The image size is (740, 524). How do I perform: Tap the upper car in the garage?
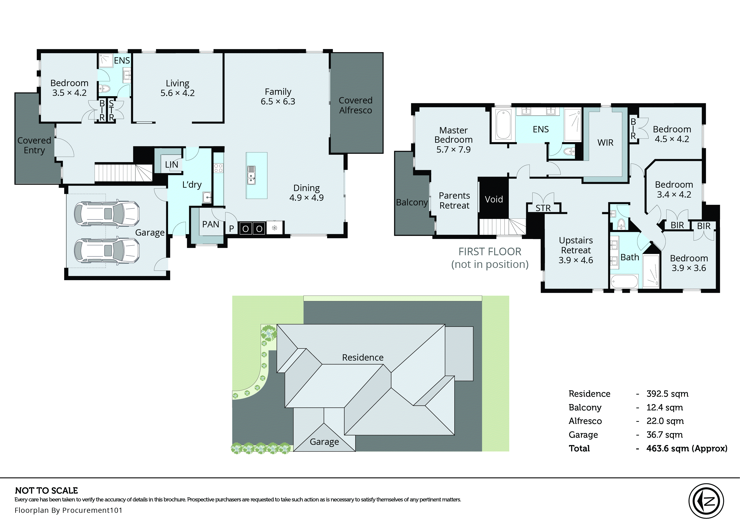pos(107,214)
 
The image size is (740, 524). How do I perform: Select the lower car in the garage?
pos(107,250)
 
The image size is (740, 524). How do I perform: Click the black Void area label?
pos(494,200)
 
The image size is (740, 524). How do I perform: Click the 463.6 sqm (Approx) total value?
pos(686,448)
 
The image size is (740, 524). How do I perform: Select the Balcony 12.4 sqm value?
pos(664,407)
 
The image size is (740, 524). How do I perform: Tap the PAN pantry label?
pos(210,224)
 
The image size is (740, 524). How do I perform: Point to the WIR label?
pos(605,143)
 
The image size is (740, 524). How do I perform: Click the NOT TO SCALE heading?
pos(46,490)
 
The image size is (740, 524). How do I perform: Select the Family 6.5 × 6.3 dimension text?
pos(278,102)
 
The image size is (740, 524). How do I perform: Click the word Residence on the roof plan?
pos(363,357)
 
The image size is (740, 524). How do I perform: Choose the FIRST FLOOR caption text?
pos(490,252)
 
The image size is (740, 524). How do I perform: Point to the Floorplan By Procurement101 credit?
pos(68,510)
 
